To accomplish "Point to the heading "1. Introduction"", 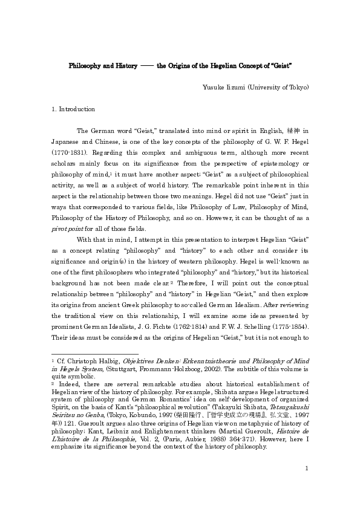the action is tap(73, 109).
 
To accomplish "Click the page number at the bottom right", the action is tap(307, 484).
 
